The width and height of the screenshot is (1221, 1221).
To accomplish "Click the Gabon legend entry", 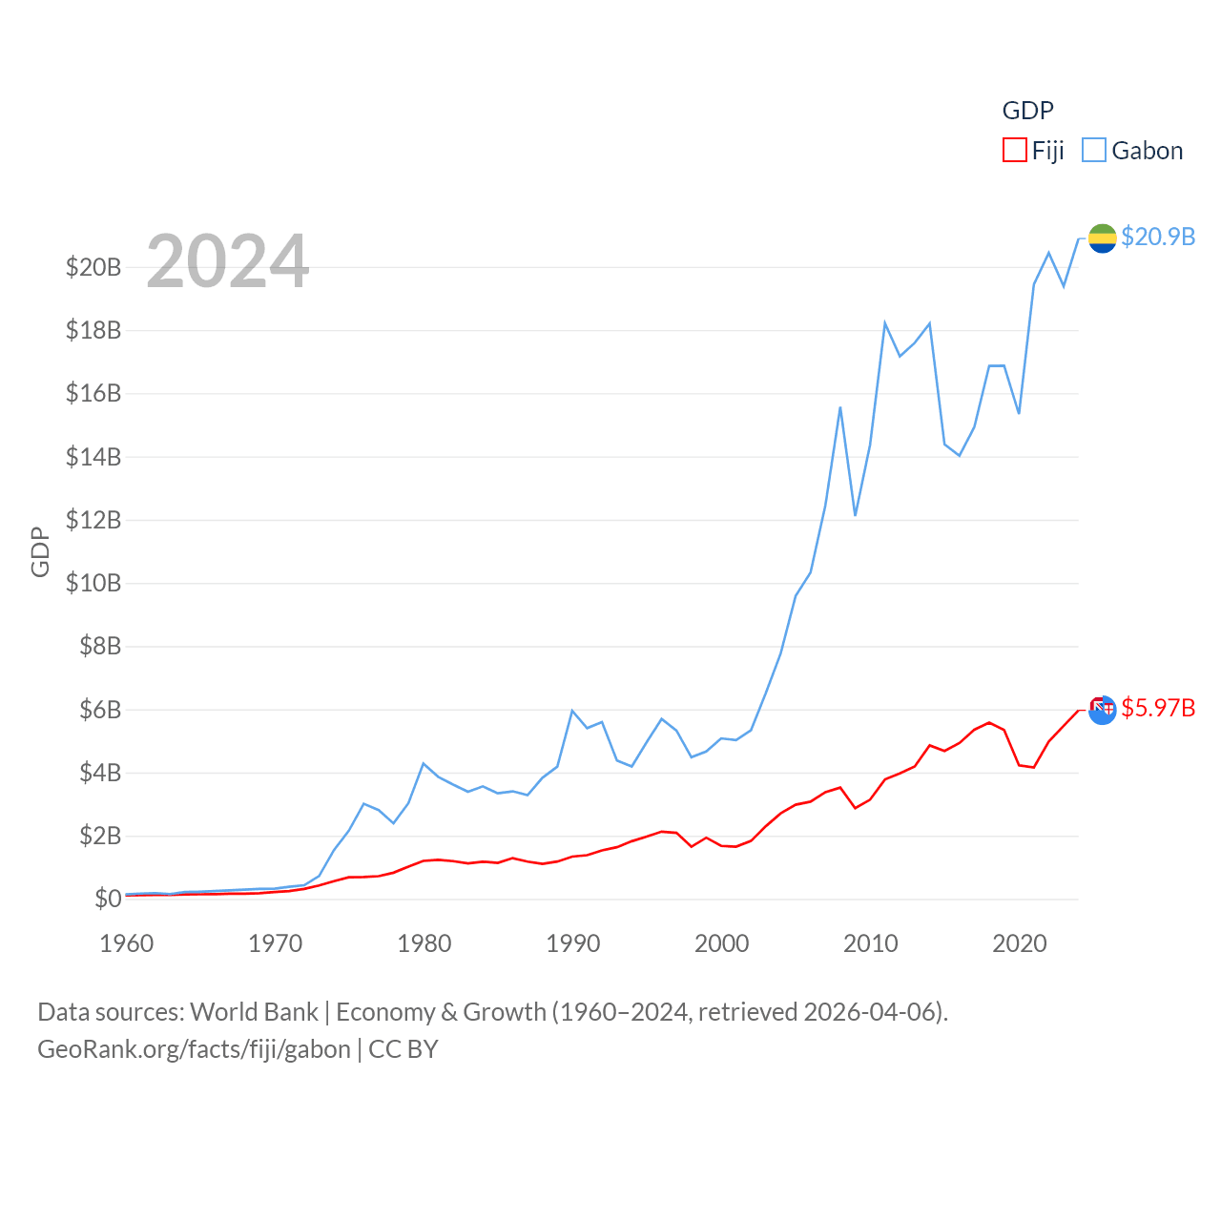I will point(1133,151).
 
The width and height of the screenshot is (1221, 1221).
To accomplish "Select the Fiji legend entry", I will point(1034,151).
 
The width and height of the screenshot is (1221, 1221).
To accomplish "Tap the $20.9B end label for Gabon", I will point(1158,237).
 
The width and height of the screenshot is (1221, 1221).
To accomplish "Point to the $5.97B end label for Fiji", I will point(1158,708).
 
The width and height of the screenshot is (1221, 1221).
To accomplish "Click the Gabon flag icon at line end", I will point(1102,238).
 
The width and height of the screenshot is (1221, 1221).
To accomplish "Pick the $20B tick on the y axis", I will point(93,267).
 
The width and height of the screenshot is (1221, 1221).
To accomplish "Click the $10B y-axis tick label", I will point(93,583).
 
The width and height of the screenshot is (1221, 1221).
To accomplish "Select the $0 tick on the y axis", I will point(108,899).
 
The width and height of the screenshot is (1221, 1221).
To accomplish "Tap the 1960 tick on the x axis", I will point(127,943).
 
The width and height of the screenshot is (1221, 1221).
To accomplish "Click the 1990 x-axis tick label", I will point(573,943).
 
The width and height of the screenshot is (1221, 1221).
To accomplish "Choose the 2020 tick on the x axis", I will point(1020,943).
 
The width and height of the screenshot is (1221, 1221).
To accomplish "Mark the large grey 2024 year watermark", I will point(228,260).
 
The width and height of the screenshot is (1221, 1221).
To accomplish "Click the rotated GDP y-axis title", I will point(40,551).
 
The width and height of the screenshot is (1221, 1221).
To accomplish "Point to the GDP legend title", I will point(1027,111).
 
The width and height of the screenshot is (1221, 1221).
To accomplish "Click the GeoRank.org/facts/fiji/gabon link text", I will point(194,1049).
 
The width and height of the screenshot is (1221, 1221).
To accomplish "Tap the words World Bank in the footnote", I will point(254,1012).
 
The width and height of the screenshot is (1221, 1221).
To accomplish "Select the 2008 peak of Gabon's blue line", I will point(840,407).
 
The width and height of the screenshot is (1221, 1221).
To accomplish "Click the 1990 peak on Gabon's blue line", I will point(572,711).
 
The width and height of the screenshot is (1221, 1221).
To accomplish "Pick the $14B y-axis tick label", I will point(93,457).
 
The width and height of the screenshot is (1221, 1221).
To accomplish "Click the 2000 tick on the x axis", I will point(722,943).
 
